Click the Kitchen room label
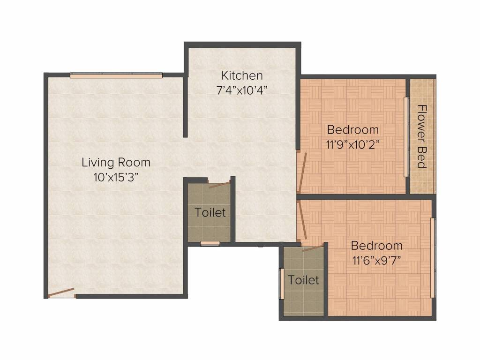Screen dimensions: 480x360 242,75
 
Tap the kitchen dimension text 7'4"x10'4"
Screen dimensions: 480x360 242,90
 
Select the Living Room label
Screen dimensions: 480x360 116,163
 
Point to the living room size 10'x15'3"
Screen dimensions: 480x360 116,177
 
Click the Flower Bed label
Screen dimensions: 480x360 422,136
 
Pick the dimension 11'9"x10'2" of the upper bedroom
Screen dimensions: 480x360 353,144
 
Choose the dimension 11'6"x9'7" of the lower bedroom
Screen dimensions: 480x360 376,261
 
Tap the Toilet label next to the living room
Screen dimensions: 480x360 210,212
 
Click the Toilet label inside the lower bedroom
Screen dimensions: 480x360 303,280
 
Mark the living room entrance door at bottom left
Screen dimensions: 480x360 61,293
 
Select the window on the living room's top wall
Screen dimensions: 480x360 116,75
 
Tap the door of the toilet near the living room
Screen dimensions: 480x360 219,185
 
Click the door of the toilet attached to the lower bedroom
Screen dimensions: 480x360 313,248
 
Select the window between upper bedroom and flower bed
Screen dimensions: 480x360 406,137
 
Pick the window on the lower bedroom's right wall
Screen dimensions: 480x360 433,258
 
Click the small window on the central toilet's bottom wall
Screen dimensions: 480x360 210,243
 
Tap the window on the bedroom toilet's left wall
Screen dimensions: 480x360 282,284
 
